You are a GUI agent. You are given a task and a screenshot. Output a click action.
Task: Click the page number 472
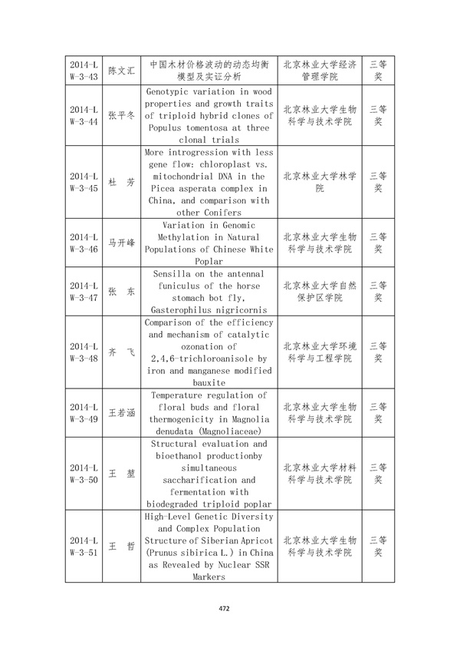[x=225, y=608]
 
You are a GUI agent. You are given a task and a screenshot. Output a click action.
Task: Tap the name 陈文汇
[x=121, y=71]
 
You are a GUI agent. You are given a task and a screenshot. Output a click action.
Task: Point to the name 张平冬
[x=121, y=115]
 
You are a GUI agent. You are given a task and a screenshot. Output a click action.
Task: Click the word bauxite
[x=208, y=382]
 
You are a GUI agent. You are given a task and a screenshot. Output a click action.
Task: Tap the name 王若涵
[x=121, y=413]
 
